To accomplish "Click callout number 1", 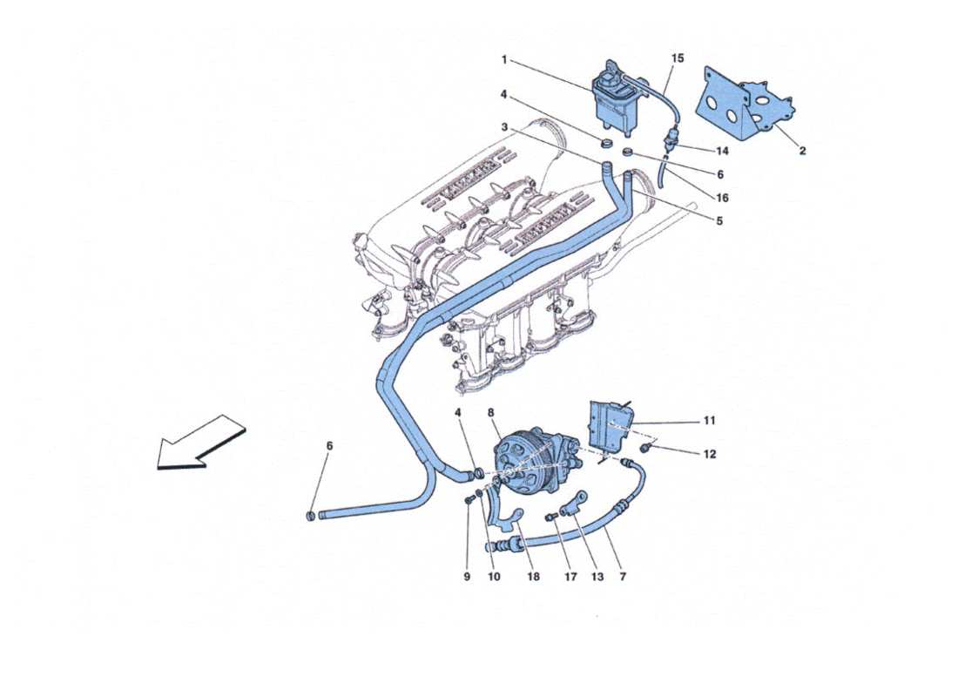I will click(x=504, y=59).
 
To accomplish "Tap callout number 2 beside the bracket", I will click(x=802, y=151).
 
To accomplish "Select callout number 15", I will click(x=678, y=58).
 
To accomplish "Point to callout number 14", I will click(x=721, y=151).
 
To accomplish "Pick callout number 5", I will click(x=719, y=221).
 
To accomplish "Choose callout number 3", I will click(x=504, y=128).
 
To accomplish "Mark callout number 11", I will click(x=710, y=421).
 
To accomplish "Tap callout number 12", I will click(x=710, y=454).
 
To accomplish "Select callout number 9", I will click(x=467, y=577).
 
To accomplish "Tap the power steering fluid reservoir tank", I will click(x=613, y=94).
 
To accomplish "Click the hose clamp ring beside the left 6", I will click(x=311, y=517).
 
